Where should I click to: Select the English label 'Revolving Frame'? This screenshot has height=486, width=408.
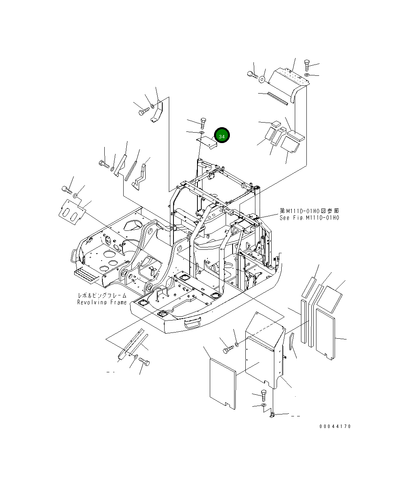tap(102, 302)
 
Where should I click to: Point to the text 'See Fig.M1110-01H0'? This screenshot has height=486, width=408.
tap(309, 218)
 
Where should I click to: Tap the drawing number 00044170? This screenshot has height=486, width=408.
tap(335, 426)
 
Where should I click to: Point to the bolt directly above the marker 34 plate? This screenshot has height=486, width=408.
tap(204, 123)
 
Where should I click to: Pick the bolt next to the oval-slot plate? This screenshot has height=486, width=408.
tap(66, 189)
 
